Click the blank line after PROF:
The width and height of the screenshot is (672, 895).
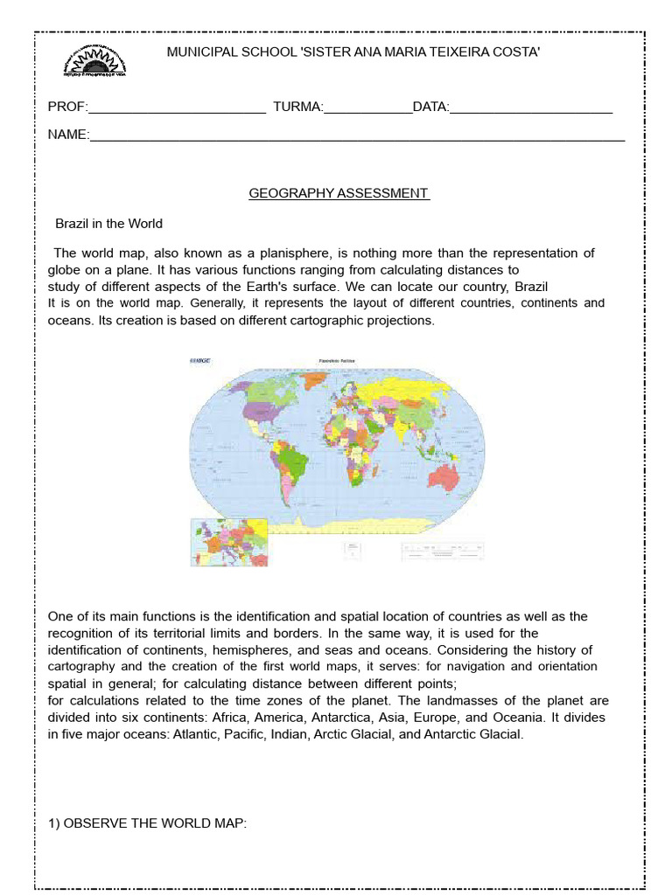click(x=178, y=108)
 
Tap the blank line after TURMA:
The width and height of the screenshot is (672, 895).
click(x=367, y=108)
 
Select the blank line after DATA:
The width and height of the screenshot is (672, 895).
click(x=531, y=108)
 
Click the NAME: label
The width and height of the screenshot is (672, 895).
click(x=68, y=135)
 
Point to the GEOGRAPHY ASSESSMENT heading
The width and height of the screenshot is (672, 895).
click(x=339, y=193)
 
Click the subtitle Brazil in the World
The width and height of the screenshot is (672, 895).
click(x=109, y=224)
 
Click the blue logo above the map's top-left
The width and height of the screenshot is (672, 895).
click(x=200, y=360)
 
